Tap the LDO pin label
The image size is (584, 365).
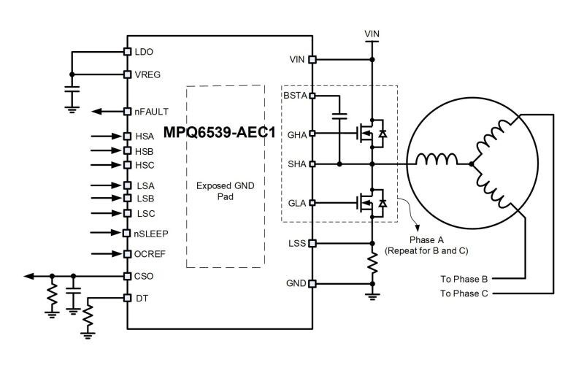coord(144,52)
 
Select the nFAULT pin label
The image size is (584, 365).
coord(152,112)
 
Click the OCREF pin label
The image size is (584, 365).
coord(150,254)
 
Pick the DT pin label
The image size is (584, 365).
coord(141,298)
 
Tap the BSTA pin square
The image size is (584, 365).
coord(312,96)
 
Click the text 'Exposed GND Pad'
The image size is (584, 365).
coord(224,192)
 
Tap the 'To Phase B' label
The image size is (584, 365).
coord(464,278)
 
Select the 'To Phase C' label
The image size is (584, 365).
coord(464,293)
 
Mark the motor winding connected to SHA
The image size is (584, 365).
coord(437,161)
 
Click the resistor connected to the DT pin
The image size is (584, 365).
coord(87,318)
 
